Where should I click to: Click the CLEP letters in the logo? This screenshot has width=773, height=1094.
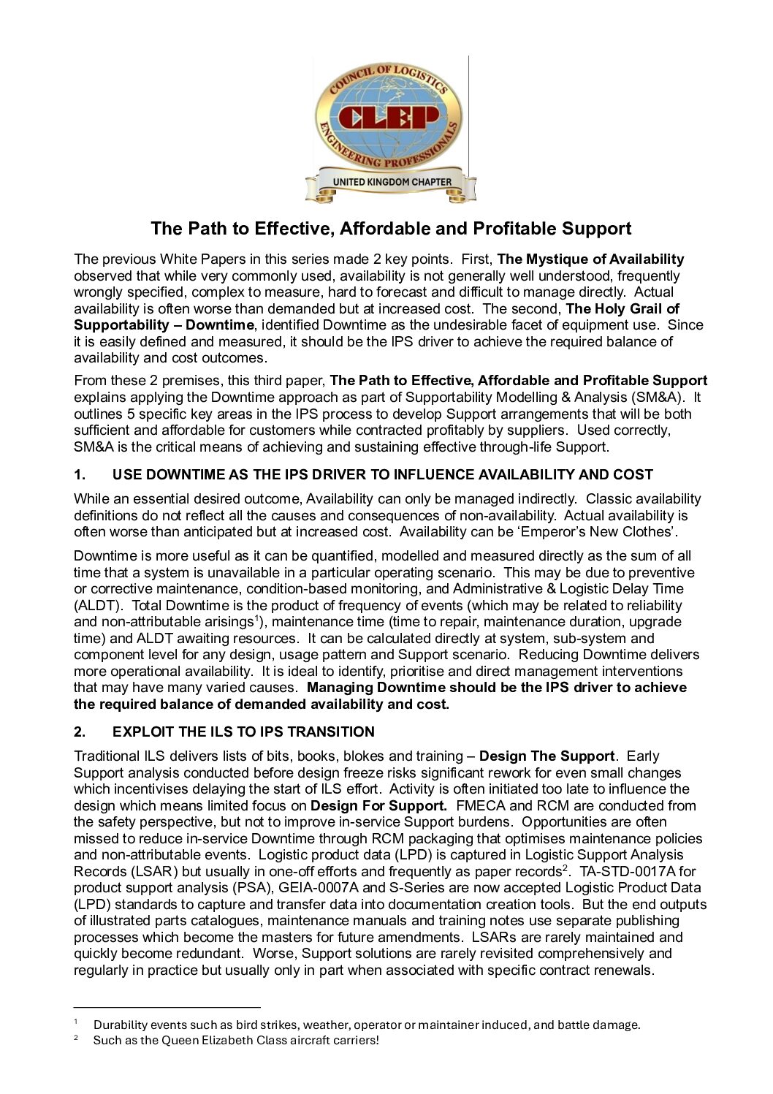pos(389,117)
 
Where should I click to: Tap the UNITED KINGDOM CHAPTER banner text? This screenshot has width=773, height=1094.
pos(392,182)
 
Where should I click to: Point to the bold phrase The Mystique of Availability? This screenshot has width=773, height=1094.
pos(590,259)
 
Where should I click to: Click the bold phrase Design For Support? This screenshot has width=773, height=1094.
pos(378,806)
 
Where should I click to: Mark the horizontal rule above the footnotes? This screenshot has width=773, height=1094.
pos(167,1007)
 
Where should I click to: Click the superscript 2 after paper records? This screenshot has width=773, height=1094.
pos(566,867)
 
